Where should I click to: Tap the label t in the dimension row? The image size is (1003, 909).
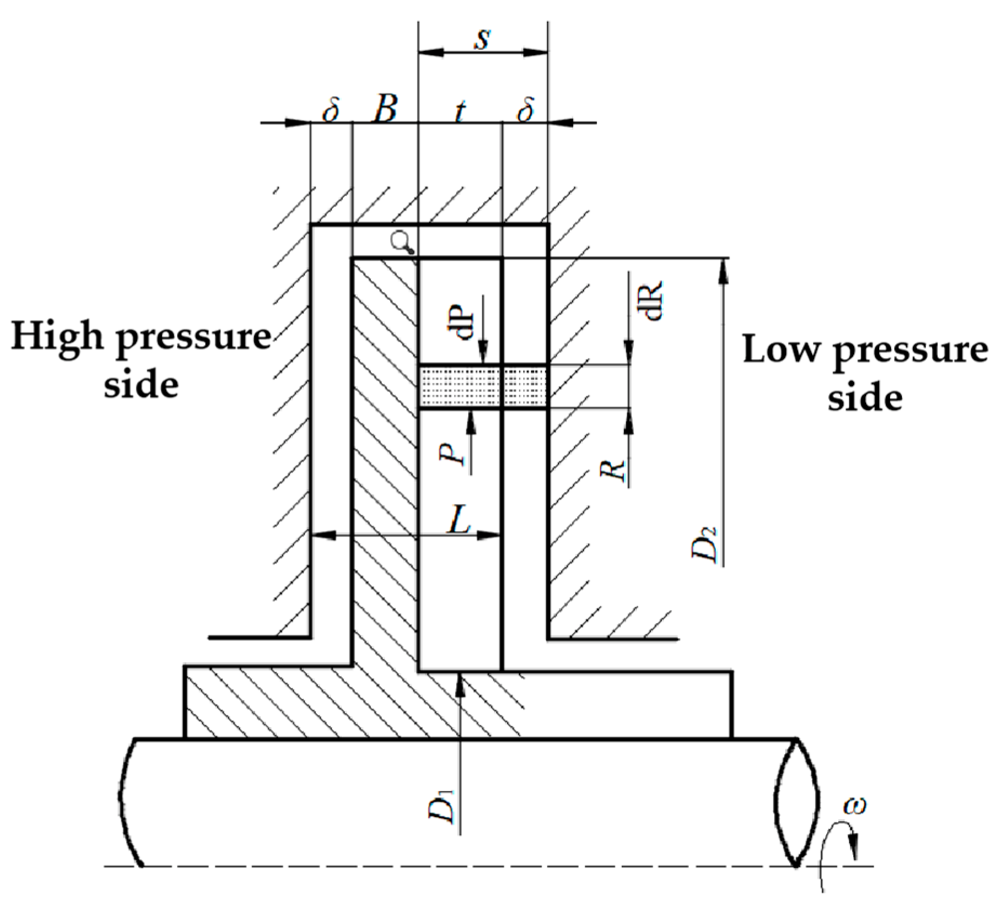click(460, 111)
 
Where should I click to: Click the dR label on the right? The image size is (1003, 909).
click(653, 301)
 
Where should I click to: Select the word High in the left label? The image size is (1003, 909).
click(57, 336)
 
